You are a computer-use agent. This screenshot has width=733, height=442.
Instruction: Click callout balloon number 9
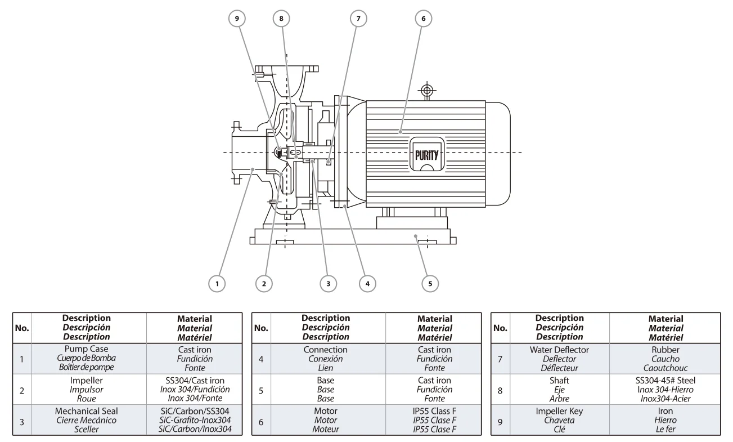237,19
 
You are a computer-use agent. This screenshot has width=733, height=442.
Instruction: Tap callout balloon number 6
424,19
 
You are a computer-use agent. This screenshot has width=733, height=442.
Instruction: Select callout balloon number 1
217,284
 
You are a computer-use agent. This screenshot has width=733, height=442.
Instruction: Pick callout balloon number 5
430,284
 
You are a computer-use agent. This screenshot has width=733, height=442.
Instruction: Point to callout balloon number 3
328,284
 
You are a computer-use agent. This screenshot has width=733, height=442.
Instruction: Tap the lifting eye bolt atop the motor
427,91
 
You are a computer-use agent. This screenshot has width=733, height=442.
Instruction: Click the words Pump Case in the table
87,349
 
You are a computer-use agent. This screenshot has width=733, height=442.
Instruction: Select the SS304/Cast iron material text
195,381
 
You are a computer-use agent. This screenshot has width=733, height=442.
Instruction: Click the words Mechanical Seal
87,411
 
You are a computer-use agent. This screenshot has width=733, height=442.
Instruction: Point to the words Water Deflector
559,350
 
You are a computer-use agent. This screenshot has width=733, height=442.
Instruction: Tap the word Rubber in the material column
665,350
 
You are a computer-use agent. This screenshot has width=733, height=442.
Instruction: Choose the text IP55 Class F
434,411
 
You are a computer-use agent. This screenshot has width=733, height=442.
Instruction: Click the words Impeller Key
559,411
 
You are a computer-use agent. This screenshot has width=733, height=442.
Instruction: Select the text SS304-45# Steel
665,381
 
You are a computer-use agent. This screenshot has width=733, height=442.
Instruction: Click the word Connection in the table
326,350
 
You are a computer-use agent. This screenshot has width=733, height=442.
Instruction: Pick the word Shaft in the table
559,381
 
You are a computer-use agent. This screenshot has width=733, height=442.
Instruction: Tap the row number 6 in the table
261,422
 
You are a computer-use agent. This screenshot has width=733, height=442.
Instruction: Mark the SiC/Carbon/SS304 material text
195,411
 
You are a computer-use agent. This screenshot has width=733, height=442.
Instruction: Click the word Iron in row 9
665,411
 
